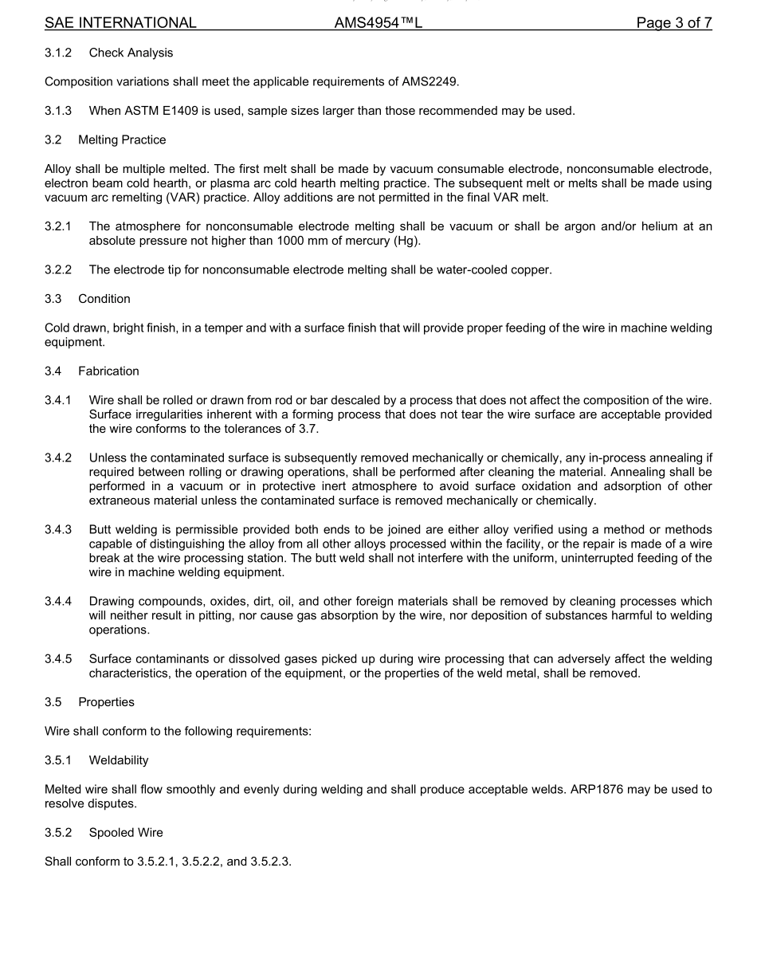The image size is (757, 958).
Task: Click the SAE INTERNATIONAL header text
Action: click(x=120, y=23)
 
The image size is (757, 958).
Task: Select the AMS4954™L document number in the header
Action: click(x=378, y=23)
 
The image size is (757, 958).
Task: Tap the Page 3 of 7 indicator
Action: click(x=673, y=23)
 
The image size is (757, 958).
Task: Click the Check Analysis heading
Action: click(x=131, y=53)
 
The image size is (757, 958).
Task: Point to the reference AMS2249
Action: click(x=429, y=81)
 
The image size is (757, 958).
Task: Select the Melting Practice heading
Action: click(x=122, y=139)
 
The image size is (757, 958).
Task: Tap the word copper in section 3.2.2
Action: click(x=530, y=269)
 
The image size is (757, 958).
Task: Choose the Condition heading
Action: click(x=104, y=298)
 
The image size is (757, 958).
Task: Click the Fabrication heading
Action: click(x=108, y=371)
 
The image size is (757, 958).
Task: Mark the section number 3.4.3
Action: click(x=58, y=530)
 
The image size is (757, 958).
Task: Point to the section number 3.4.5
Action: click(x=58, y=659)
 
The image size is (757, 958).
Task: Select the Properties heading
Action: click(x=106, y=702)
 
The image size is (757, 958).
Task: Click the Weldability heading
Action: click(x=119, y=760)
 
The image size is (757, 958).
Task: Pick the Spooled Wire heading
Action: click(x=126, y=832)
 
